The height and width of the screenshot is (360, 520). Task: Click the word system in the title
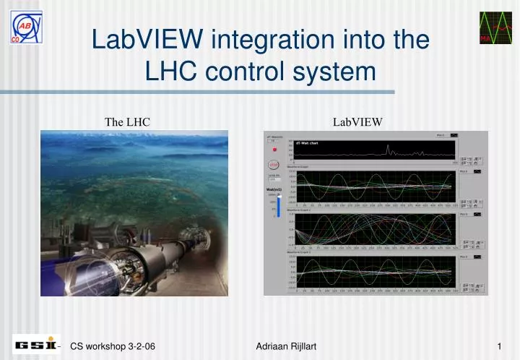click(x=340, y=71)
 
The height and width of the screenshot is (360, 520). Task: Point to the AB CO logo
click(x=26, y=27)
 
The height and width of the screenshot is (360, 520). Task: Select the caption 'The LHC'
click(x=128, y=122)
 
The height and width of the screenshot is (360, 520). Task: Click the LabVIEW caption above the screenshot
click(x=357, y=122)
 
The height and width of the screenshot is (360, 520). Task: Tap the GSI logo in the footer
click(x=37, y=346)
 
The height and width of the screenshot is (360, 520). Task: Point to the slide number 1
click(x=499, y=347)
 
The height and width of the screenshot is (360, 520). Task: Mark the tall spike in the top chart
click(x=389, y=150)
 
